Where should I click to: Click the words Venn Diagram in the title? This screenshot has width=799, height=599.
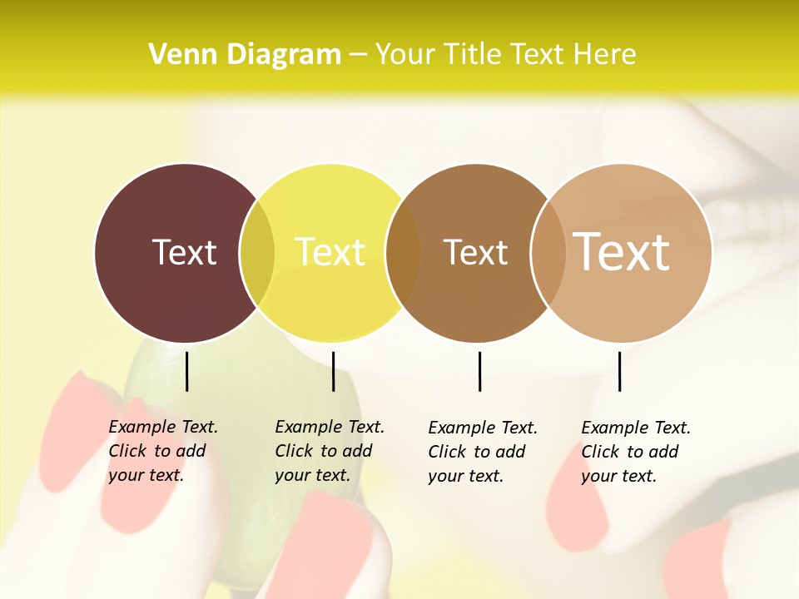[x=245, y=55]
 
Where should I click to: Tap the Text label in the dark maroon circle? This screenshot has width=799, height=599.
[x=184, y=252]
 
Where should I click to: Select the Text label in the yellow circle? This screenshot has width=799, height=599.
[x=330, y=252]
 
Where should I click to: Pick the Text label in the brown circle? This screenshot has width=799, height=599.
[x=475, y=252]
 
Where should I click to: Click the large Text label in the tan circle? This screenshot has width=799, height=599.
[x=622, y=251]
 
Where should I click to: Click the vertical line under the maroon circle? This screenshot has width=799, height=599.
[x=186, y=371]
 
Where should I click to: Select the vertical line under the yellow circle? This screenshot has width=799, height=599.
[x=333, y=371]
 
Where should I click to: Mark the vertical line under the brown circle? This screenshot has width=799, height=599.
[x=479, y=371]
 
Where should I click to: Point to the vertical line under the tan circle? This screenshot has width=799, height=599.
[x=619, y=371]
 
